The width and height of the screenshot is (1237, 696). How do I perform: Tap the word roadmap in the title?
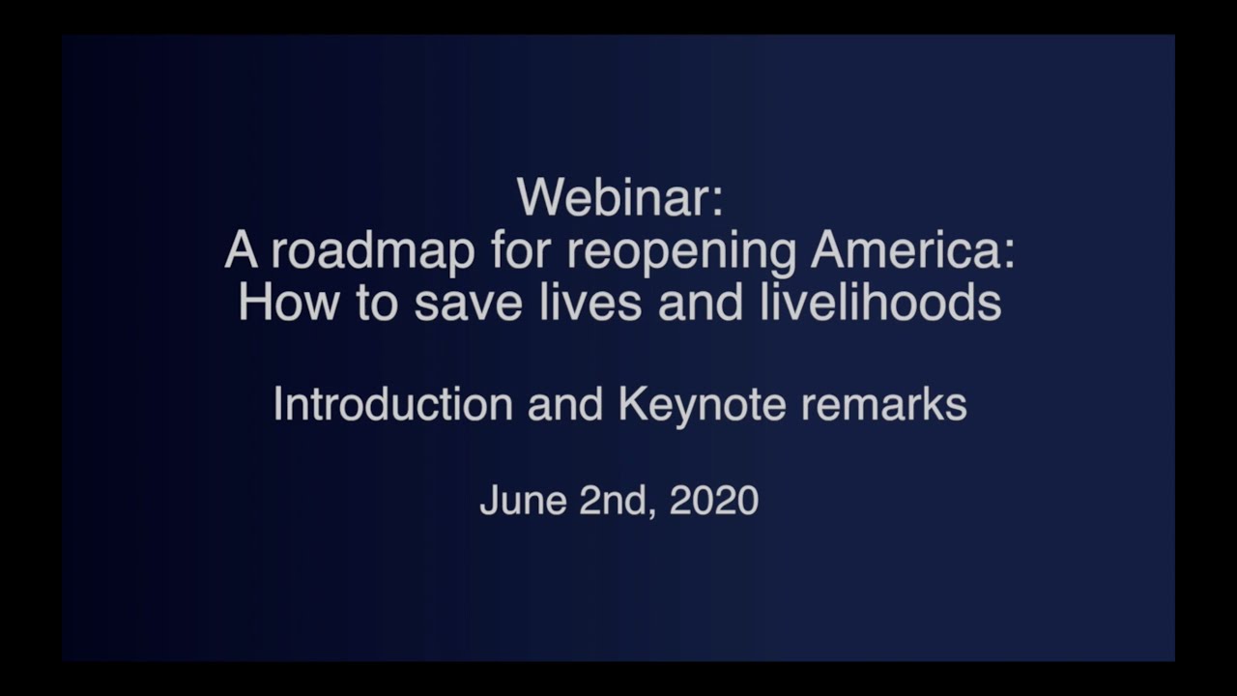pos(372,251)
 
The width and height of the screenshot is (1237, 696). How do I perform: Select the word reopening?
pos(680,251)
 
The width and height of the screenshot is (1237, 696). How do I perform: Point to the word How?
pos(288,303)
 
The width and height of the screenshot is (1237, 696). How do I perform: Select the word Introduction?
pos(392,403)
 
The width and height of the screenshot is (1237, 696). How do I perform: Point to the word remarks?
pos(883,403)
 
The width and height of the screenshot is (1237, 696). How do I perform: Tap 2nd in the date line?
pos(607,500)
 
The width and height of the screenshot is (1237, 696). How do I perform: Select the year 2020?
pos(713,500)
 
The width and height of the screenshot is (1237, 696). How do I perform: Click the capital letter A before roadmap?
pos(241,251)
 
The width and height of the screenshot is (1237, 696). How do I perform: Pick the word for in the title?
pos(521,251)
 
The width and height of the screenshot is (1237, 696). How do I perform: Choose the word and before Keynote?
pos(565,403)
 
